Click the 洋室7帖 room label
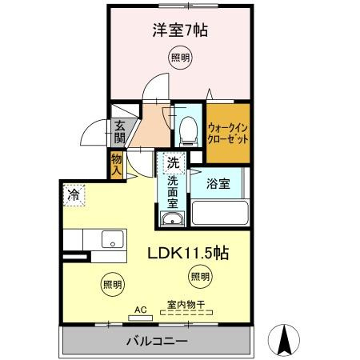coord(180,30)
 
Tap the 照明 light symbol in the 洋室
coord(180,58)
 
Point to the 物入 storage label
coord(117,165)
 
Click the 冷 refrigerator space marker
coord(74,194)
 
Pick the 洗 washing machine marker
coord(172,163)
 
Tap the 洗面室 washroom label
coord(172,192)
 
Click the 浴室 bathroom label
coord(218,183)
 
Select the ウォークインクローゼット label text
coord(228,131)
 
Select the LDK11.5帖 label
coord(189,254)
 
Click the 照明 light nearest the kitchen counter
coord(112,283)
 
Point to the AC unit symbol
coord(141,314)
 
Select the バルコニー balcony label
coord(157,341)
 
